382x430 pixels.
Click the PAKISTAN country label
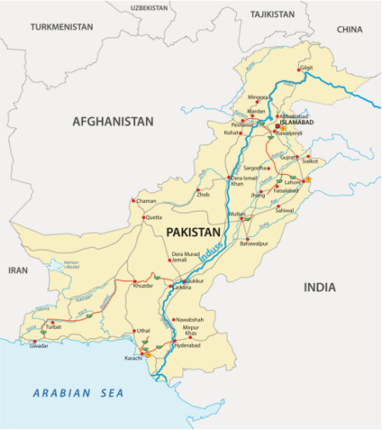[194, 232]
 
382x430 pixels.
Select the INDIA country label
[320, 287]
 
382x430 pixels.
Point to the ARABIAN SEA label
[78, 393]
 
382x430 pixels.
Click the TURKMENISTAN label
[60, 27]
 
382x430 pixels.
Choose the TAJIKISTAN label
[272, 14]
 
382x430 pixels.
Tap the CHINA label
[349, 29]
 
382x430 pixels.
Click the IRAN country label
[18, 269]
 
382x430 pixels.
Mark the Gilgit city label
[306, 66]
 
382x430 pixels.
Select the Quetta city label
[154, 218]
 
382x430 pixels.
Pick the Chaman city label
[147, 201]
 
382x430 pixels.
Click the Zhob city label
[204, 195]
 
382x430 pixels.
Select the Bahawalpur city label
[254, 243]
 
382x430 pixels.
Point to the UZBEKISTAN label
[149, 7]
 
